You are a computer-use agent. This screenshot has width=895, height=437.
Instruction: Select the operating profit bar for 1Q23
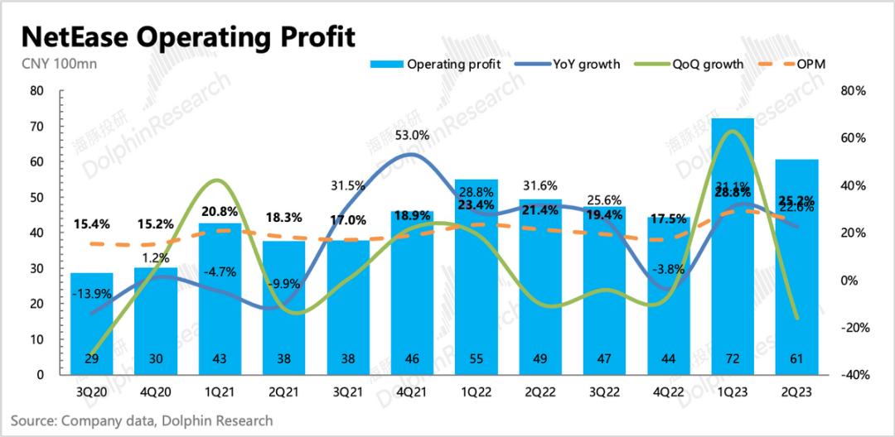coord(733,248)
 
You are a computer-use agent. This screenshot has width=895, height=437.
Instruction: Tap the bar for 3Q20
coord(91,323)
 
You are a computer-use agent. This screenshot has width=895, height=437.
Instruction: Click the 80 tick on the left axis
coord(36,91)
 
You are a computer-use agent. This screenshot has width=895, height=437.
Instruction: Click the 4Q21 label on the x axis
coord(412,392)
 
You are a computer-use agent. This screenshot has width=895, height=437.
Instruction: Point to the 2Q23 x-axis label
coord(796,392)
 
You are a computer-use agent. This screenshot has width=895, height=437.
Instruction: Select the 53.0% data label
coord(412,136)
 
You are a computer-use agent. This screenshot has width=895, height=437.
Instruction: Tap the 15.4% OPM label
coord(92,223)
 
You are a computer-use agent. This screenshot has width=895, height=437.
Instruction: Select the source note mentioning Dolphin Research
coord(142,421)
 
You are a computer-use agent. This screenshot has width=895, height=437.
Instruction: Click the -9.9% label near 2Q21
coord(284,284)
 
